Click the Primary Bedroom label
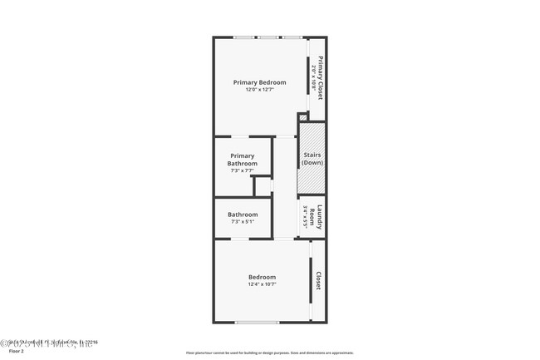[259, 82]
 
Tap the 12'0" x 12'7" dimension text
[259, 90]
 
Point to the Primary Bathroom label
[243, 160]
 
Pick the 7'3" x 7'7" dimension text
[243, 170]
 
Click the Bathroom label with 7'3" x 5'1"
[243, 215]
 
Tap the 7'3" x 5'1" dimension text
[243, 222]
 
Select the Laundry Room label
[319, 219]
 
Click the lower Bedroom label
[262, 277]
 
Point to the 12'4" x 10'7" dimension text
[262, 284]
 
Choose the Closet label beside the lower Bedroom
[318, 280]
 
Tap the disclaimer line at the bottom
[270, 353]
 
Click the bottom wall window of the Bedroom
[257, 323]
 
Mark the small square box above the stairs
[303, 117]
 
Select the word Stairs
[312, 155]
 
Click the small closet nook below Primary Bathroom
[263, 186]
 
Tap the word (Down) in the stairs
[312, 163]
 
